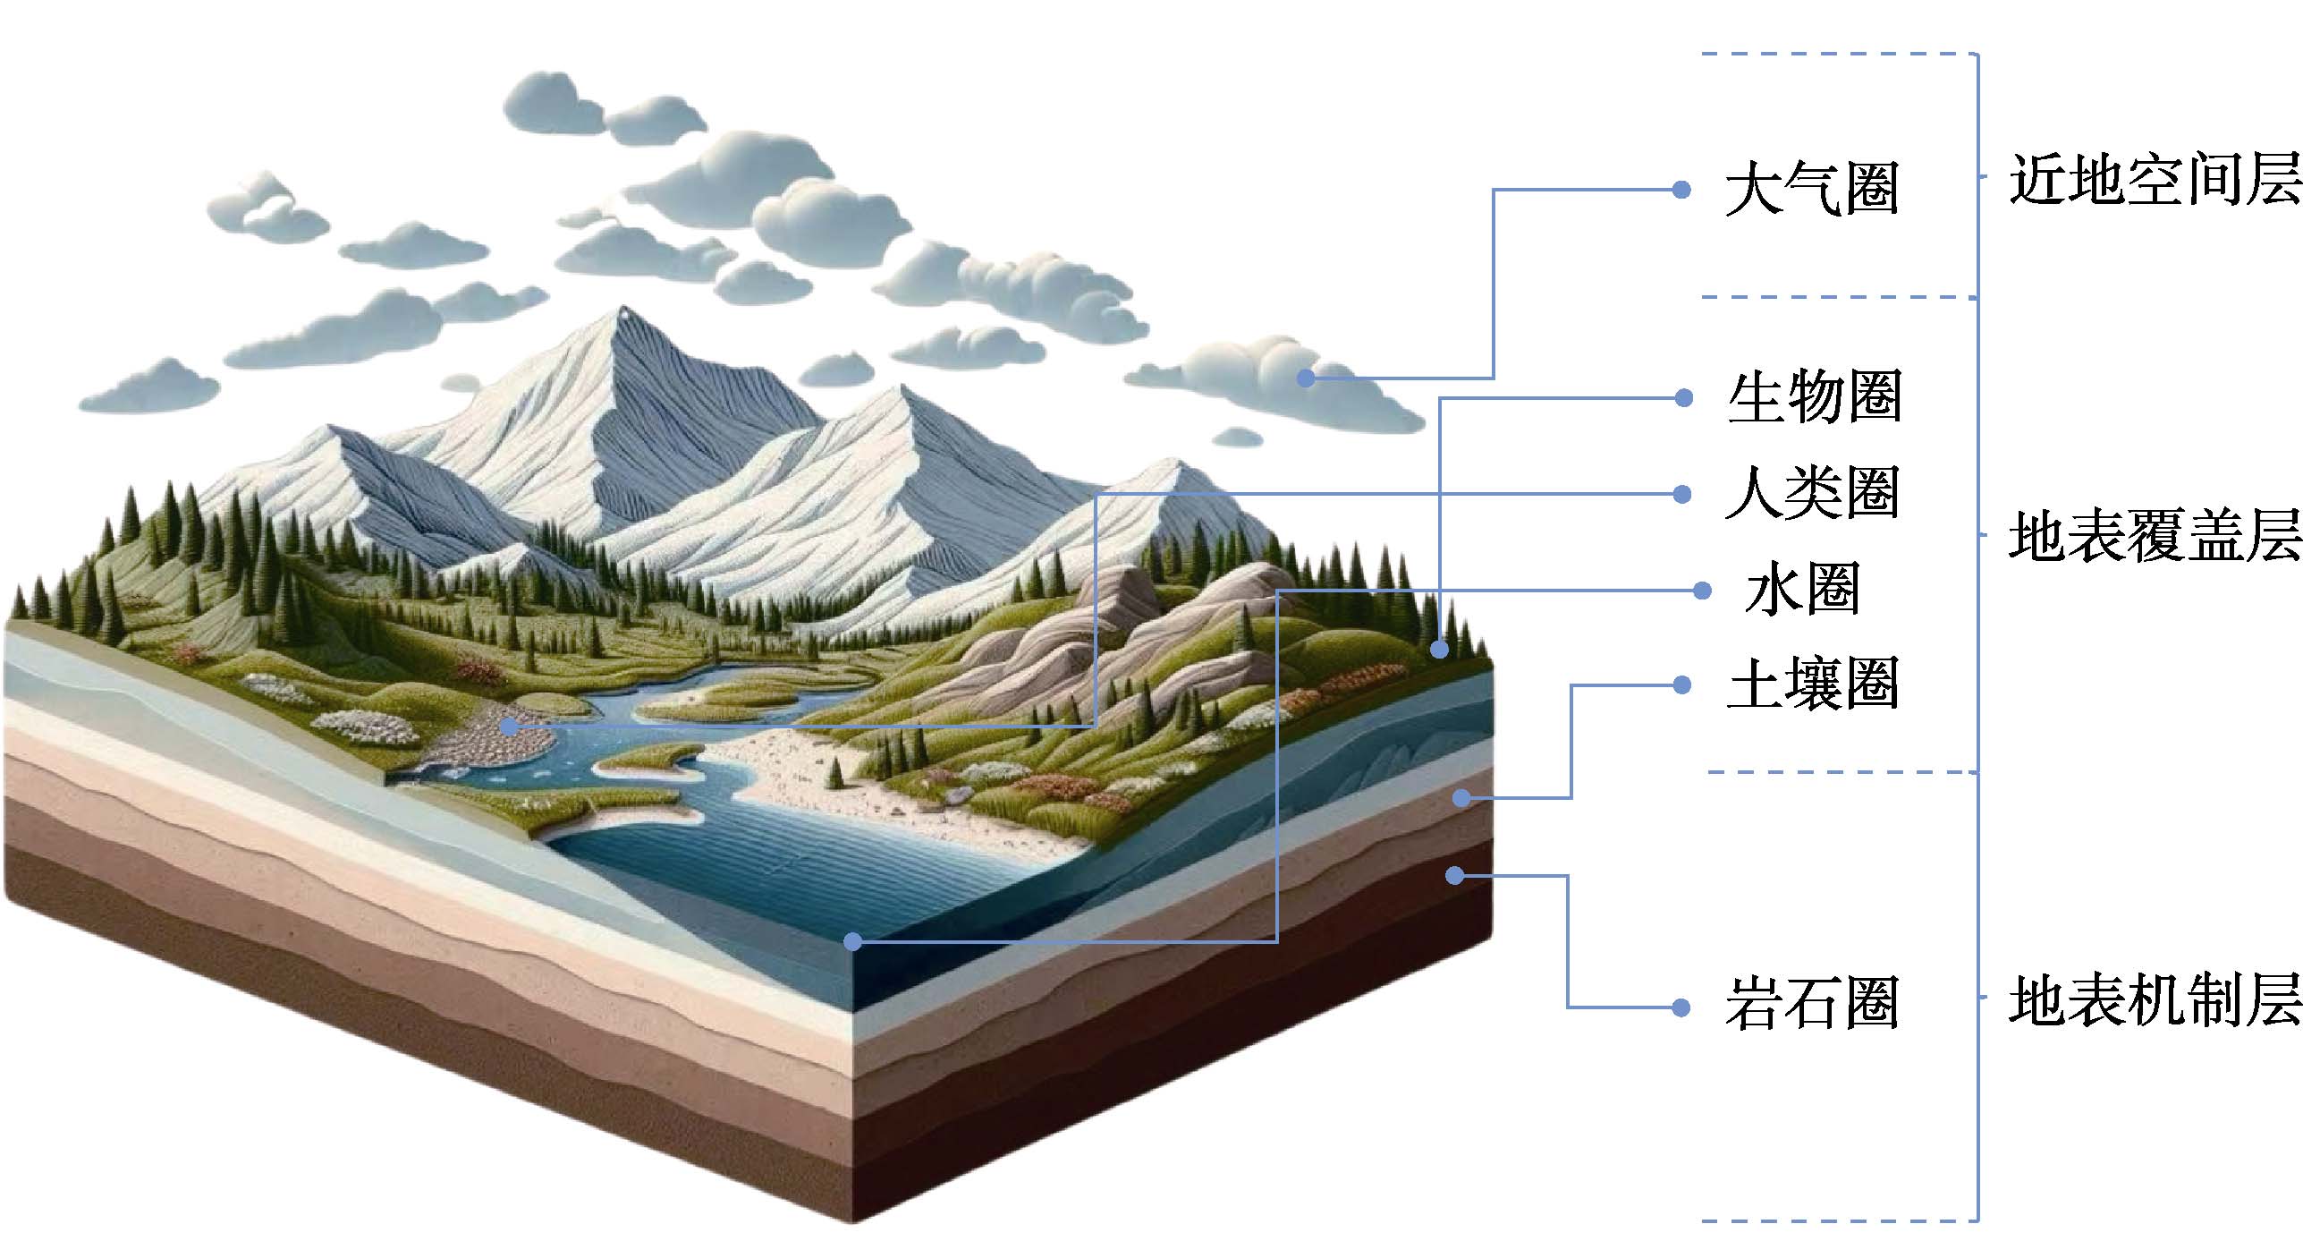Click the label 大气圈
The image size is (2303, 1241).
[x=1812, y=189]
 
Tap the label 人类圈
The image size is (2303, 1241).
[x=1812, y=493]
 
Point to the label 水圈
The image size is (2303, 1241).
[x=1801, y=590]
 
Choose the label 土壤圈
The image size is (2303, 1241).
[x=1812, y=684]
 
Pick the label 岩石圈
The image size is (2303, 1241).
[x=1812, y=1005]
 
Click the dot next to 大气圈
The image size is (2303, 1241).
[x=1681, y=190]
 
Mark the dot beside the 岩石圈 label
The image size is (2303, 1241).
[x=1681, y=1007]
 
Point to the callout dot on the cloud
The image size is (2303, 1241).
[x=1306, y=378]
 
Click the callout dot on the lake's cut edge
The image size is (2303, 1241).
[x=852, y=941]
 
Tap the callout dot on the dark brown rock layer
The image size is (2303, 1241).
[x=1455, y=875]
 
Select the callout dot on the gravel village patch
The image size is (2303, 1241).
[x=509, y=727]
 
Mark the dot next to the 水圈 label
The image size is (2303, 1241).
[x=1702, y=591]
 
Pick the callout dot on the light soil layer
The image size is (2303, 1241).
[x=1461, y=797]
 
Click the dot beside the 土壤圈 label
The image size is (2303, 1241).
[x=1681, y=685]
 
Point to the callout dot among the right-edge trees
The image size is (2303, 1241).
[x=1439, y=650]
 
